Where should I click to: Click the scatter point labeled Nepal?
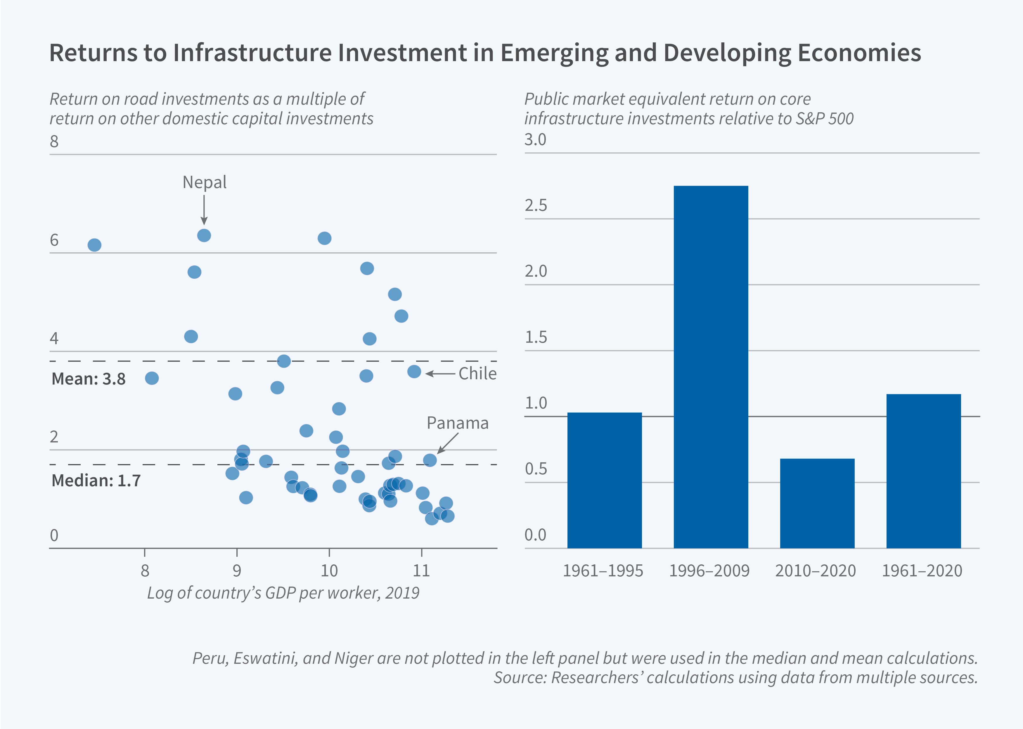(x=204, y=235)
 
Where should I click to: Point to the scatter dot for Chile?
(x=414, y=371)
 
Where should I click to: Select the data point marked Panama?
(x=430, y=460)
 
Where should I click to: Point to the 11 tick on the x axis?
(x=421, y=571)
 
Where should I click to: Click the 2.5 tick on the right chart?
(x=536, y=206)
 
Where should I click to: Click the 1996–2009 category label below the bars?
(x=709, y=571)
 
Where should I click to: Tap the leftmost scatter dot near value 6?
(x=94, y=245)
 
